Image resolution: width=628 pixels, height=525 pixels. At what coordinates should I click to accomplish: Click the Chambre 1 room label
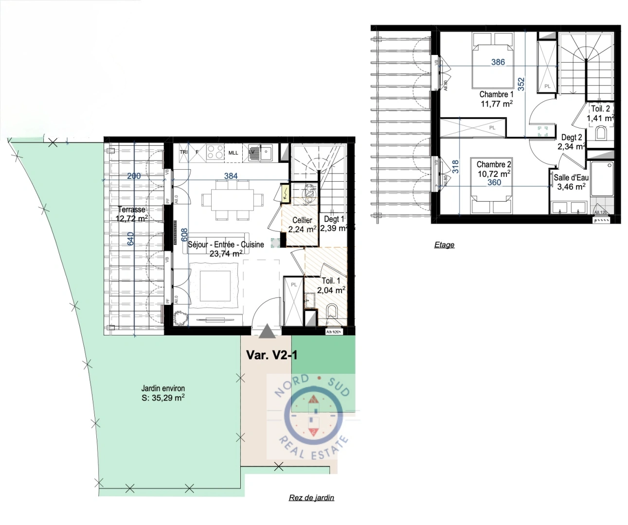pos(496,94)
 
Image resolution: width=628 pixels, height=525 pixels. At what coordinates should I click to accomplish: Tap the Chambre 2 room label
pos(494,165)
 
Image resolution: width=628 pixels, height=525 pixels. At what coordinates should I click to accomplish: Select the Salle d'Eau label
pos(571,178)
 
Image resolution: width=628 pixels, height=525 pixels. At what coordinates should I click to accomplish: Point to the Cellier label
pos(302,220)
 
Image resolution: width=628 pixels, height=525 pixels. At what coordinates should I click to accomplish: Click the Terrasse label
pos(131,210)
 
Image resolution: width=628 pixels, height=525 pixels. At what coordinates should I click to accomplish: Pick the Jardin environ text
pos(163,388)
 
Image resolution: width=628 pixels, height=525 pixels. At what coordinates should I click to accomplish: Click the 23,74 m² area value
pos(226,253)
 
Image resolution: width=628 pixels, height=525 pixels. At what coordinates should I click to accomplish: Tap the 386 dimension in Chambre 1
pos(498,62)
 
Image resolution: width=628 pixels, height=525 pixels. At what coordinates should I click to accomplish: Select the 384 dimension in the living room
pos(231,176)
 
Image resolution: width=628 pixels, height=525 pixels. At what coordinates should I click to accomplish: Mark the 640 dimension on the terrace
pos(130,239)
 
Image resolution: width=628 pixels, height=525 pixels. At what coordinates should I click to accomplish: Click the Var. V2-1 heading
pos(271,355)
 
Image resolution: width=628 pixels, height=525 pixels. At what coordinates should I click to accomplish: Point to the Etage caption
pos(444,245)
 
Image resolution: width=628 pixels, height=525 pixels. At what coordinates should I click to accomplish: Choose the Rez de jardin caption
pos(311,497)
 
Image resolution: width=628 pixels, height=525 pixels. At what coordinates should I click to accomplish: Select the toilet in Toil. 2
pos(601,132)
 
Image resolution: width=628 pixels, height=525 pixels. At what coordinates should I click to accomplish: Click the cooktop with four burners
pos(215,152)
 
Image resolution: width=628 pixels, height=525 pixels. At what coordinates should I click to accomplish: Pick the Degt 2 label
pos(572,138)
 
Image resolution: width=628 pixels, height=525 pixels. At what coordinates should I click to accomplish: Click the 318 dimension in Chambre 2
pos(455,167)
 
